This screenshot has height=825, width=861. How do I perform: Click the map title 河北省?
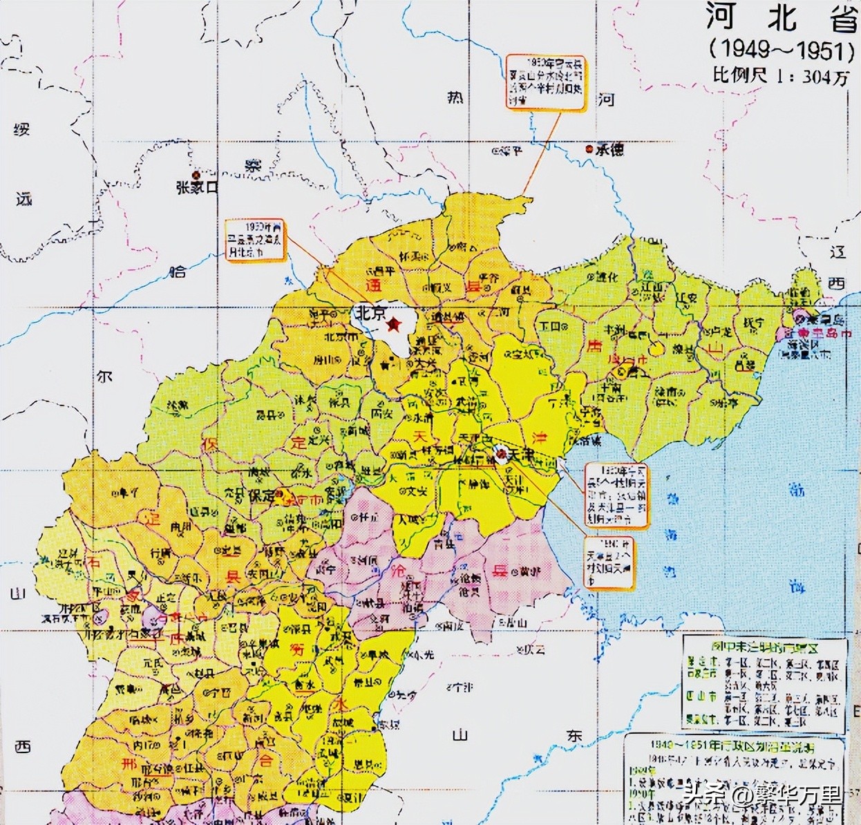coord(782,19)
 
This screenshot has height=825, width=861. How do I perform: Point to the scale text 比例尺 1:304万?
coord(782,76)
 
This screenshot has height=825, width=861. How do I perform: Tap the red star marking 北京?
coord(393,324)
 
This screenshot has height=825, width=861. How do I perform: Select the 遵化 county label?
coord(603,276)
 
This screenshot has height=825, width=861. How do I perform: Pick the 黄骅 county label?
coord(529,571)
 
